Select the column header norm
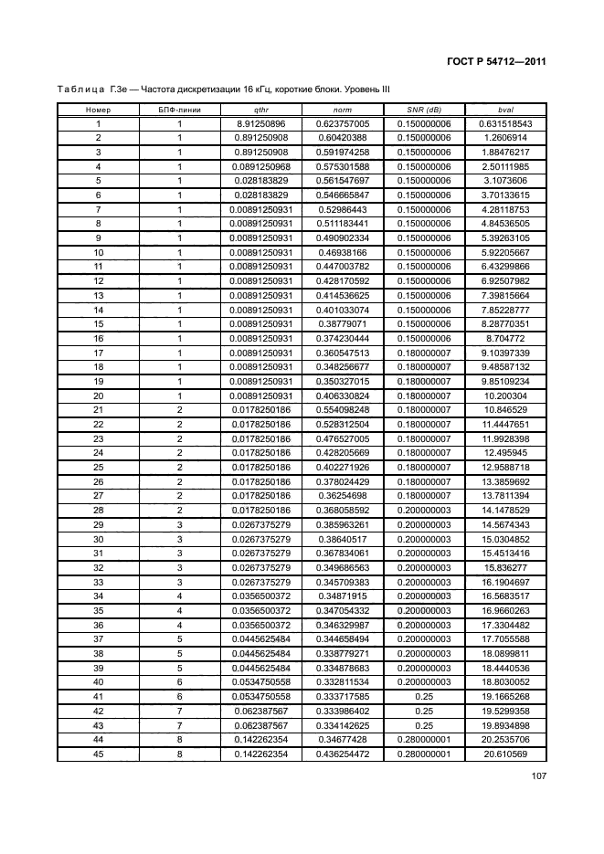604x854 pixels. pyautogui.click(x=343, y=110)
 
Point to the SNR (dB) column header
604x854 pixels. pyautogui.click(x=424, y=110)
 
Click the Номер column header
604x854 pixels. pyautogui.click(x=98, y=110)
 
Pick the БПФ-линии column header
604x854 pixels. pyautogui.click(x=180, y=110)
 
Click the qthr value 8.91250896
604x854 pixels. pyautogui.click(x=261, y=123)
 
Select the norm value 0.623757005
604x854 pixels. pyautogui.click(x=343, y=123)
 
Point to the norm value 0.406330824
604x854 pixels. pyautogui.click(x=343, y=395)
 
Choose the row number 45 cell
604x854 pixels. pyautogui.click(x=98, y=753)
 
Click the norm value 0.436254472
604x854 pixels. pyautogui.click(x=343, y=753)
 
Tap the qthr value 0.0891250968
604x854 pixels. pyautogui.click(x=261, y=166)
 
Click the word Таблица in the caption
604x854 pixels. pyautogui.click(x=80, y=90)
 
